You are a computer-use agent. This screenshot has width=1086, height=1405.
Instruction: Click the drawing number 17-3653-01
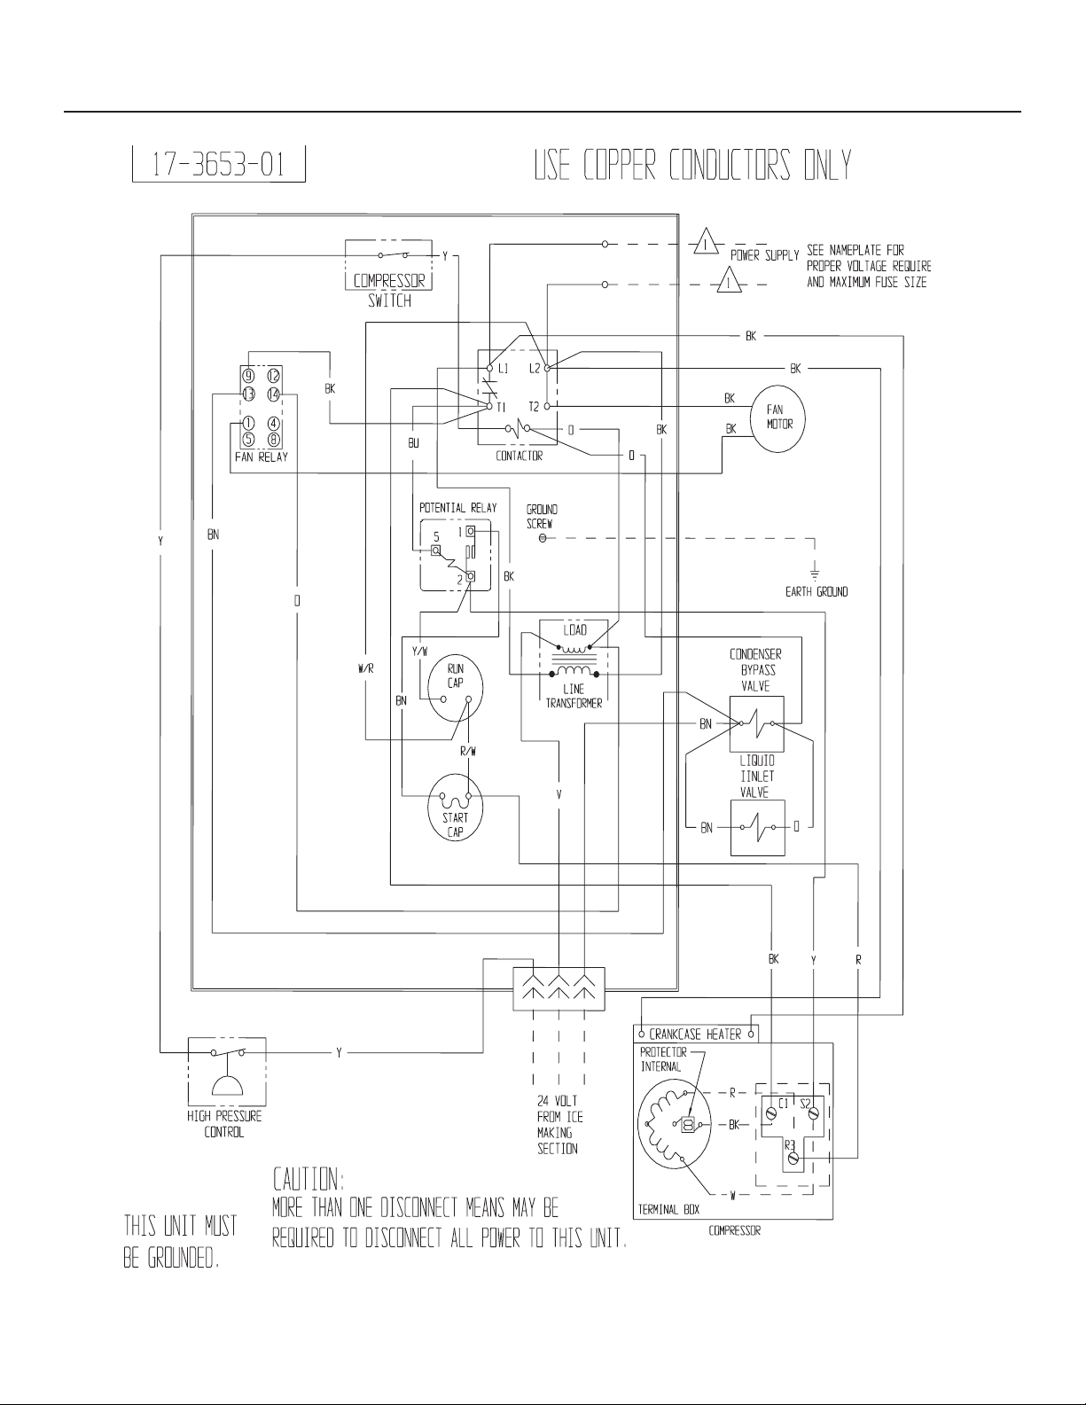[218, 164]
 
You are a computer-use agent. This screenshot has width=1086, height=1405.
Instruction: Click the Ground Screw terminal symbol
[543, 538]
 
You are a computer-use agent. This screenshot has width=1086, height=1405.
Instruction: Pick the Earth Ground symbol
[815, 573]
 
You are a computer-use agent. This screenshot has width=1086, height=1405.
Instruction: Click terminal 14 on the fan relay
[273, 394]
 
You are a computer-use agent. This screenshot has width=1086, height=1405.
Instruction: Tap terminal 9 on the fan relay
[248, 375]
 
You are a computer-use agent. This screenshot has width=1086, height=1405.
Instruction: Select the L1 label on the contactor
[503, 368]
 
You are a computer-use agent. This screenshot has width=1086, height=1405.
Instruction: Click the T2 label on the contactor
[534, 407]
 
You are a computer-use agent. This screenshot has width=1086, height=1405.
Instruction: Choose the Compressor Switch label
[389, 291]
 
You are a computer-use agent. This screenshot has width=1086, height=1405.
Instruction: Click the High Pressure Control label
[224, 1124]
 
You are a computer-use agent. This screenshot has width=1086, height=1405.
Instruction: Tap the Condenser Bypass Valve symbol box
[756, 723]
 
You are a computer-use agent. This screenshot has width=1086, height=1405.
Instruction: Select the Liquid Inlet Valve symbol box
[757, 828]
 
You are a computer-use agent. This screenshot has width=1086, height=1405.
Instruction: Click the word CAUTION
[309, 1180]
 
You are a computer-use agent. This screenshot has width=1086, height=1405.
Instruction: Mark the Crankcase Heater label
[695, 1034]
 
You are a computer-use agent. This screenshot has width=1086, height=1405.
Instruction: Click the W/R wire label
[366, 669]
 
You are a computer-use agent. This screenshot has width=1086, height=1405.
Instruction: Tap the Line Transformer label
[574, 697]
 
